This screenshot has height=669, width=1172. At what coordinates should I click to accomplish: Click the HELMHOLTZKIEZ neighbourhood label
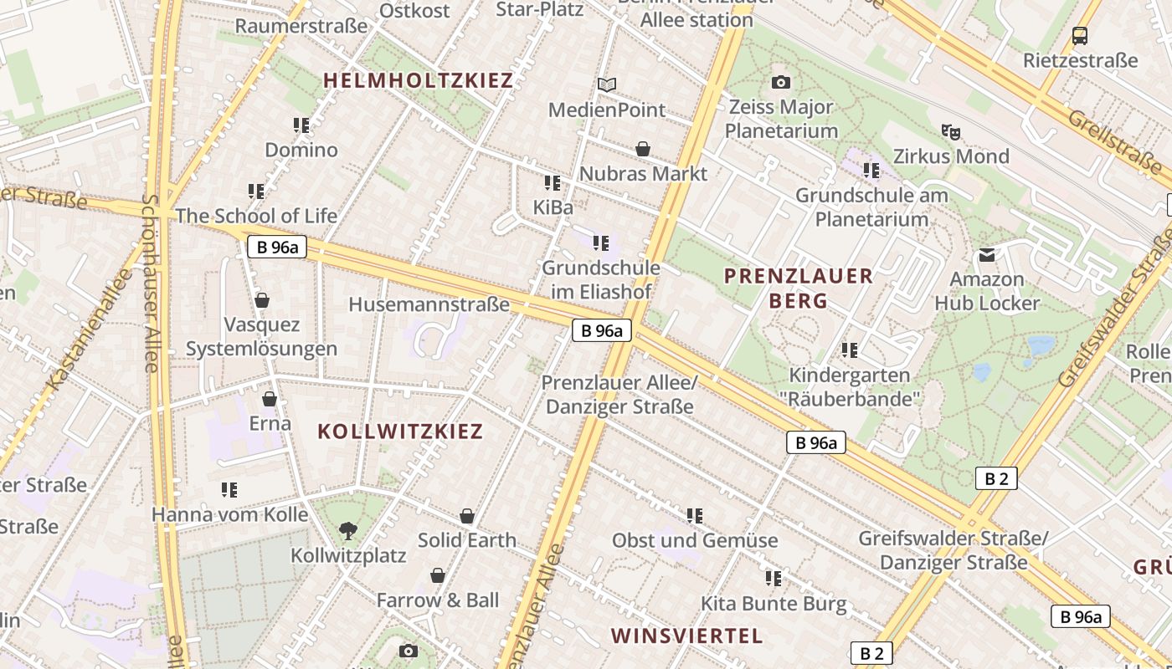[x=418, y=81]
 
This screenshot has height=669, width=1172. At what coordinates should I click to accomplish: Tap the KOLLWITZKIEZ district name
[x=400, y=432]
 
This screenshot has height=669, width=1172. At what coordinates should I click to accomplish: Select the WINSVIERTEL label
[x=686, y=636]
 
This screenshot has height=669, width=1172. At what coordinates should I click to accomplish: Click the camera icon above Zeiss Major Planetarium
[x=780, y=82]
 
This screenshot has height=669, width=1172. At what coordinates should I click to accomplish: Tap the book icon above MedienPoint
[x=607, y=84]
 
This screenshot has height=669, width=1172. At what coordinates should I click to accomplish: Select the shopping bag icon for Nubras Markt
[x=643, y=149]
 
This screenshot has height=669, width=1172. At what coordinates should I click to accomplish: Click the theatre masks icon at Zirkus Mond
[x=950, y=131]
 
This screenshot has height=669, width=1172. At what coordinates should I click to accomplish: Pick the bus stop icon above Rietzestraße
[x=1080, y=35]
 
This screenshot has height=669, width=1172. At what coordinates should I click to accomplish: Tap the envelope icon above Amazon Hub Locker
[x=987, y=254]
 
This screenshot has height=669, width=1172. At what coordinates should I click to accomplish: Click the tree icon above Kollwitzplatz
[x=347, y=530]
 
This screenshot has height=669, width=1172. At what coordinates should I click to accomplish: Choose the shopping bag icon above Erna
[x=270, y=399]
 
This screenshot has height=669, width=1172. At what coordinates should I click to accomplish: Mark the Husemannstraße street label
[x=429, y=304]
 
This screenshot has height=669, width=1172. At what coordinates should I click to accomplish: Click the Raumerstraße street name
[x=301, y=26]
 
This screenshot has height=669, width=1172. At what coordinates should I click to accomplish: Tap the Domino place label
[x=301, y=151]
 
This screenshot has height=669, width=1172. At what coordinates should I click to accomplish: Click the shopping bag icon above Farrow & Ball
[x=437, y=575]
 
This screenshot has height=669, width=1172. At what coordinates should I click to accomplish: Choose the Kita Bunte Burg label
[x=774, y=604]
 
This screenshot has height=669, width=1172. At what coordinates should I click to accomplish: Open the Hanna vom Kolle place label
[x=229, y=513]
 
